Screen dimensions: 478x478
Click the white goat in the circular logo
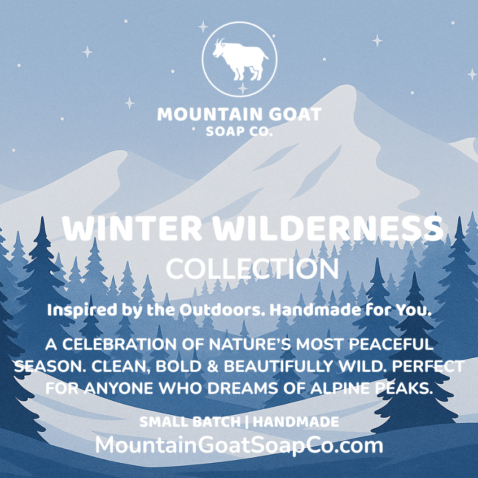pyautogui.click(x=240, y=58)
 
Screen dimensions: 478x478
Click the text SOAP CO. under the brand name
pyautogui.click(x=240, y=133)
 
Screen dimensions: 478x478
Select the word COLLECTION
pyautogui.click(x=252, y=269)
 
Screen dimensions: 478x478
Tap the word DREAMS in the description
pyautogui.click(x=242, y=389)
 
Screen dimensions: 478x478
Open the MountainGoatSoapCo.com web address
pyautogui.click(x=239, y=445)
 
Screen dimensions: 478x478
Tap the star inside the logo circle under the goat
pyautogui.click(x=242, y=87)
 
